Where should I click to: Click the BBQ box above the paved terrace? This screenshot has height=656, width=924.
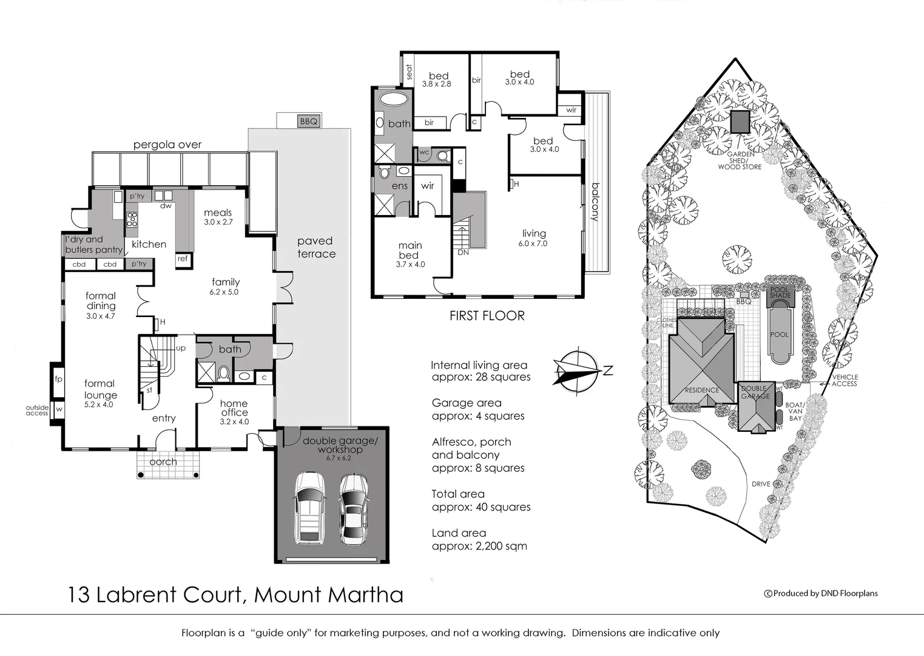(x=308, y=121)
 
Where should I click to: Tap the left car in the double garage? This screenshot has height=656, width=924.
(x=309, y=508)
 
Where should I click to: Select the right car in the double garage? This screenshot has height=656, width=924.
(x=353, y=508)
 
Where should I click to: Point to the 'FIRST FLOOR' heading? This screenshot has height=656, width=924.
(x=487, y=316)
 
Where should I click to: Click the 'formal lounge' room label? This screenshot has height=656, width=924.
(x=100, y=389)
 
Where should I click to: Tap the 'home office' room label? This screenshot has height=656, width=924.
(x=234, y=408)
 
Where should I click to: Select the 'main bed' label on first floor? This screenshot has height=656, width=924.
(x=410, y=250)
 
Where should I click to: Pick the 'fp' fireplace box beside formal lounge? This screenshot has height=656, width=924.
(x=58, y=380)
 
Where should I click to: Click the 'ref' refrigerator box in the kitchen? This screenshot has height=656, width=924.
(x=183, y=259)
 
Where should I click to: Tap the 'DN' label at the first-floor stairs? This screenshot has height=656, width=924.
(x=463, y=252)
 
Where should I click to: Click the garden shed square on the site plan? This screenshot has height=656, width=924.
(x=740, y=122)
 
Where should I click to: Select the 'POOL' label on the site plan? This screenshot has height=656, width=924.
(x=779, y=335)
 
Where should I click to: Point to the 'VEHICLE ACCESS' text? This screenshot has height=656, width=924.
(x=844, y=380)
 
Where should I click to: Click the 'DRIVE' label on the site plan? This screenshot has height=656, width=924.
(x=761, y=484)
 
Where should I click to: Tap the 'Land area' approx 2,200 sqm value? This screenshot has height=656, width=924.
(x=479, y=546)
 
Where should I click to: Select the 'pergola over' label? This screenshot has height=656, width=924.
(x=167, y=145)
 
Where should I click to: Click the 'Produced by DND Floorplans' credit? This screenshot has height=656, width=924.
(x=821, y=593)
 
